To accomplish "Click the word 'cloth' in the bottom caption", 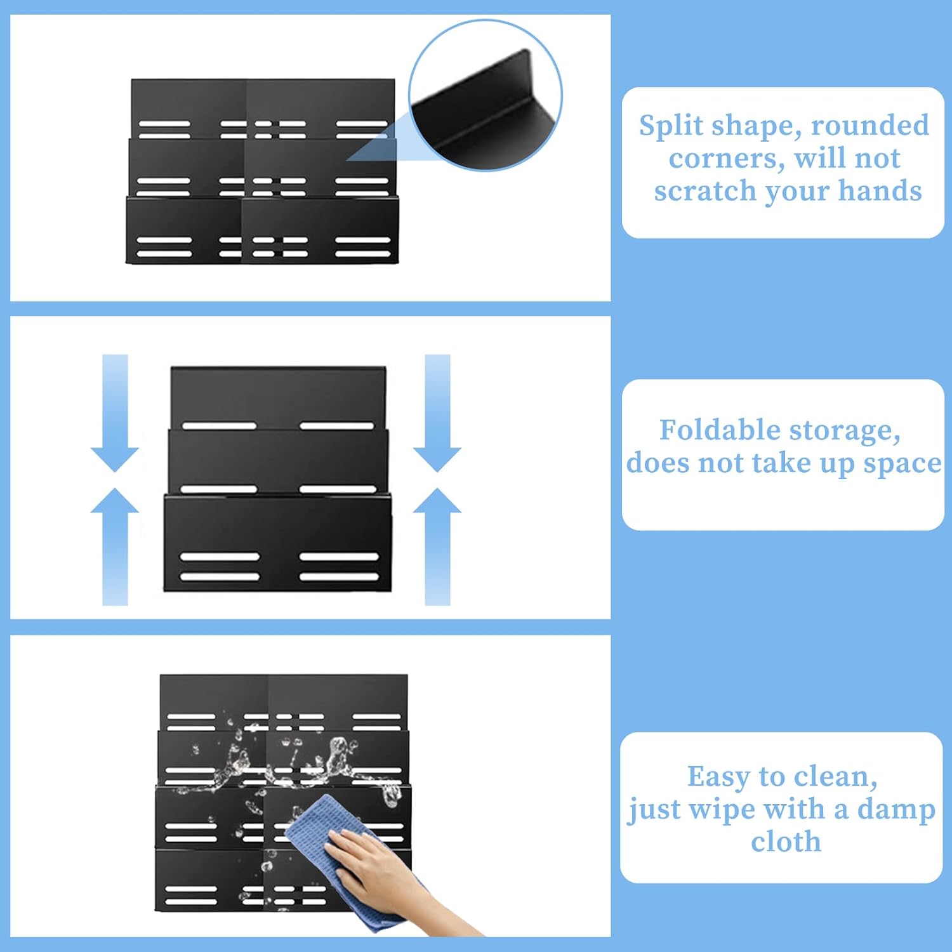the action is point(786,842).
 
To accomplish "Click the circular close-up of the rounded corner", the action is point(486,95).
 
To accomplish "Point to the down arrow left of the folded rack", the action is point(115,413).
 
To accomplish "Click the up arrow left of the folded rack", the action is point(115,546).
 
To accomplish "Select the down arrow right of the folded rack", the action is point(437,413).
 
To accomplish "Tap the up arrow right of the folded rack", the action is point(437,546).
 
